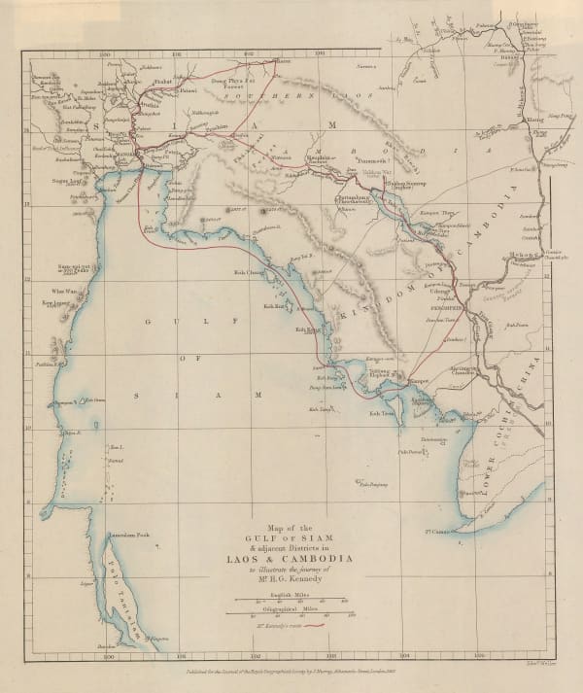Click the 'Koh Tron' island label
(380, 413)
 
